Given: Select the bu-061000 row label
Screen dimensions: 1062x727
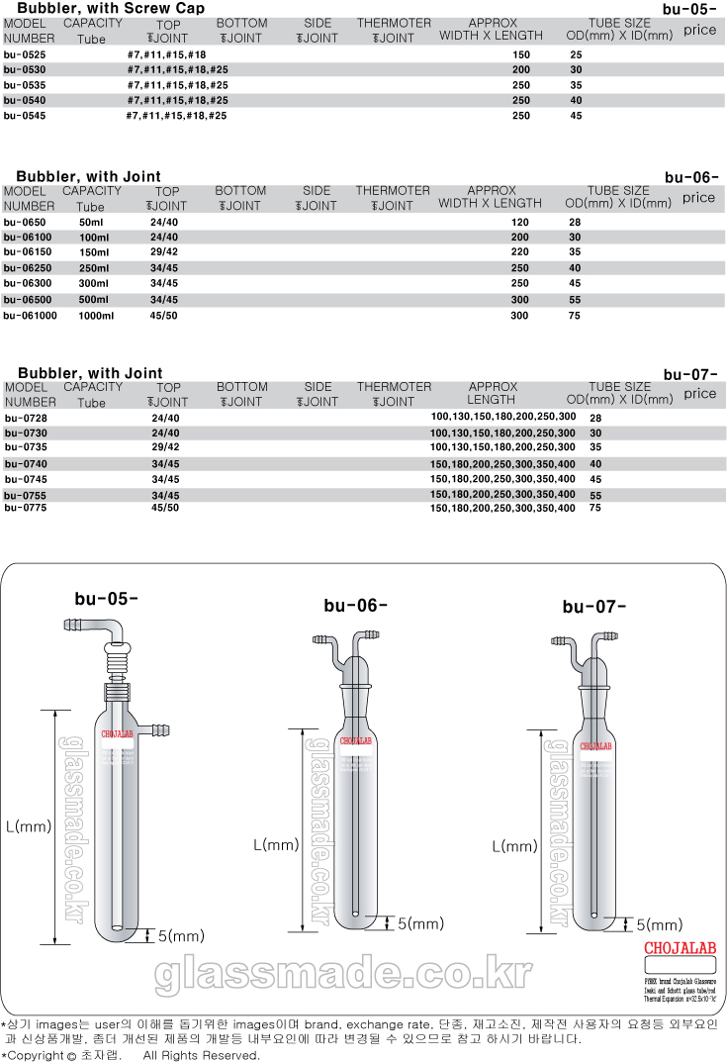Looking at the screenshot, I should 31,316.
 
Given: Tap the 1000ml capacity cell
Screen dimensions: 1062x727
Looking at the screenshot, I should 97,316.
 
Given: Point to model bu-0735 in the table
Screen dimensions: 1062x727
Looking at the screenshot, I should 25,447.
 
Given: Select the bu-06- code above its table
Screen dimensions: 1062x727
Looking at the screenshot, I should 690,178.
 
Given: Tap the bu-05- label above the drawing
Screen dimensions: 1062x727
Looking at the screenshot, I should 106,598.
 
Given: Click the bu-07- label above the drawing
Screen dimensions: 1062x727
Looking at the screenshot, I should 594,607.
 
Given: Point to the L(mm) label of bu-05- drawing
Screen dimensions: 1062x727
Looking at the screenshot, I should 28,825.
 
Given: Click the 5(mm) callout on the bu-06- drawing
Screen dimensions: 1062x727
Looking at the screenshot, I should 421,923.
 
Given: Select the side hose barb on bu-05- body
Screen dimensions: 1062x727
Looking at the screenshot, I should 155,731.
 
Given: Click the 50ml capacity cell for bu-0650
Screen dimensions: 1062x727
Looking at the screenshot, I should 92,223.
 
